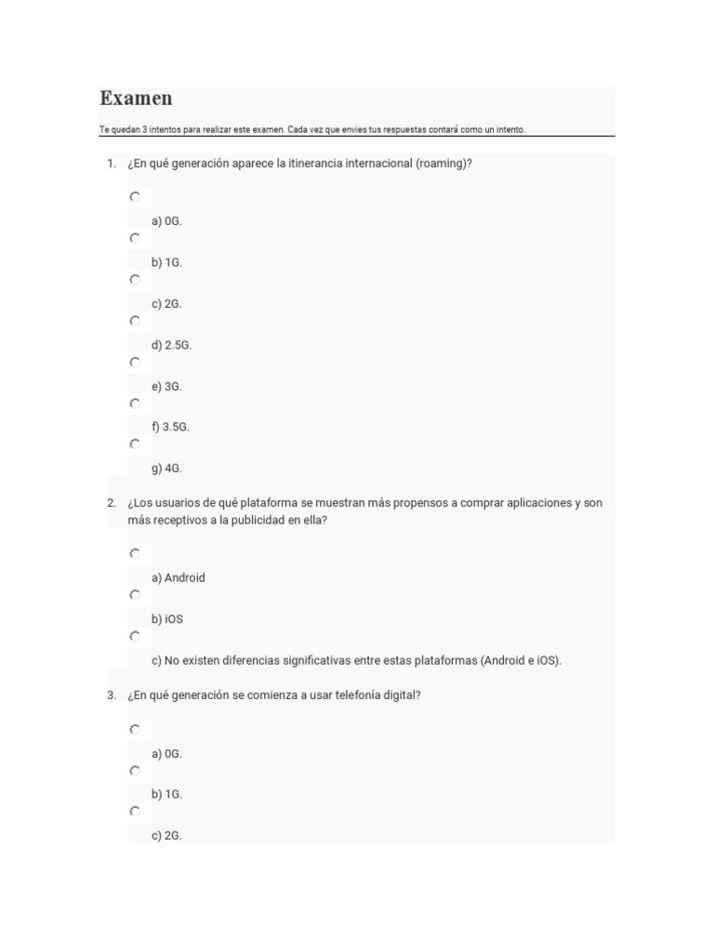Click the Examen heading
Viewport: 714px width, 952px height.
(x=136, y=99)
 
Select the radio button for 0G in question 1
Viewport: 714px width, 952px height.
(x=135, y=197)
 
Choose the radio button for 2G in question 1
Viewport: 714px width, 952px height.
(x=135, y=279)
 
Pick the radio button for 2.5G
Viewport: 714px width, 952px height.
(x=135, y=321)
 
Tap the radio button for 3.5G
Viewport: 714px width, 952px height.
(x=135, y=403)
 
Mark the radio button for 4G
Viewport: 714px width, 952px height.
(x=135, y=444)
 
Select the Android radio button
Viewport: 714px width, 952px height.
(x=135, y=553)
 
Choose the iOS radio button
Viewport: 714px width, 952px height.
(x=135, y=595)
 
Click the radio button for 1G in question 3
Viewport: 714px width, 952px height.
(x=135, y=771)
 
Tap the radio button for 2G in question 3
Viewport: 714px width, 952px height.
(x=135, y=812)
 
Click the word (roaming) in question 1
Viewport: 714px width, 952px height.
(x=443, y=164)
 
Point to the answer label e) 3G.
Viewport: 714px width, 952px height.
(x=166, y=386)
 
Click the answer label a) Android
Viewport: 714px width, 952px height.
(x=178, y=577)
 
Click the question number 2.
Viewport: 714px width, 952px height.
(x=111, y=503)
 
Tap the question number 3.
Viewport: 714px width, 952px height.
(x=111, y=695)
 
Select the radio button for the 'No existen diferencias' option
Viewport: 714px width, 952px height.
(x=135, y=636)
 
